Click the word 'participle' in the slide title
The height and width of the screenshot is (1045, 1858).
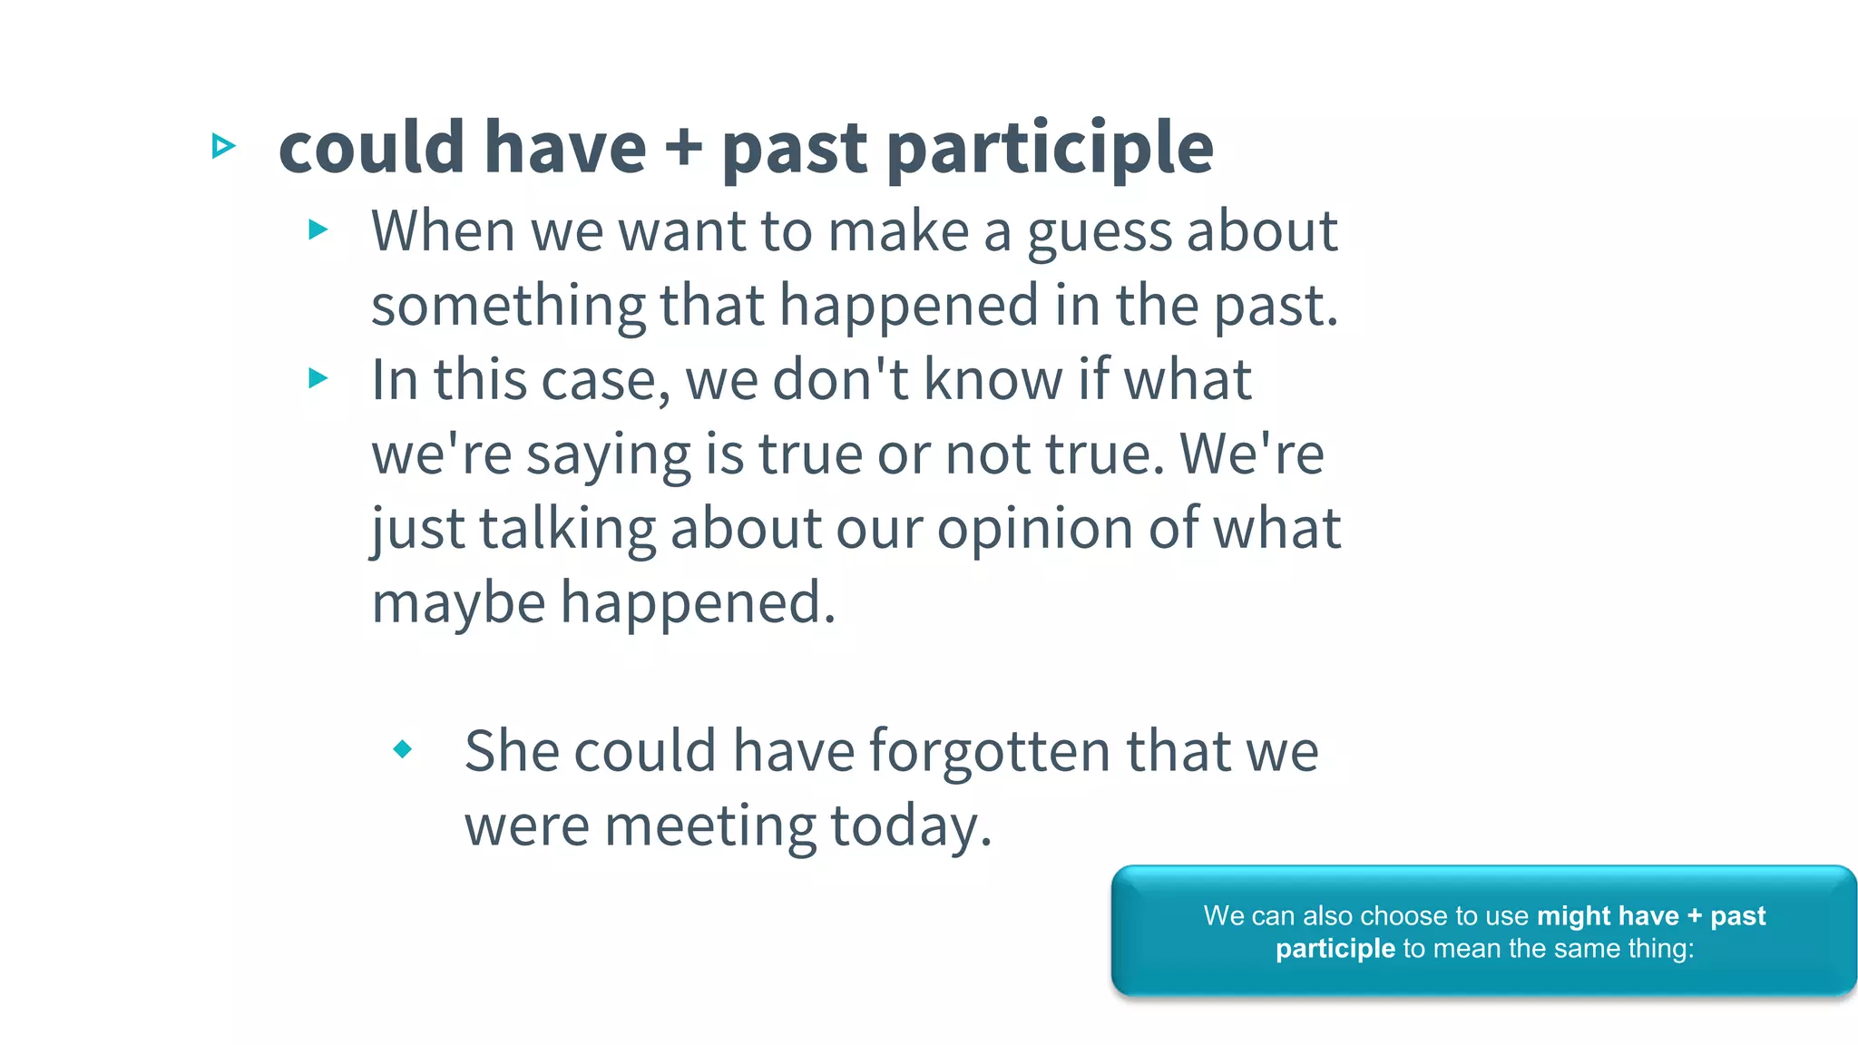point(1050,149)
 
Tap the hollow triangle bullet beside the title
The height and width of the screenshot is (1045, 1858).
point(223,145)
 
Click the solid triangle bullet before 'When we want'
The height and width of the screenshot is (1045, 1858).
point(318,230)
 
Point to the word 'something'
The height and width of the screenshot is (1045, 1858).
point(507,307)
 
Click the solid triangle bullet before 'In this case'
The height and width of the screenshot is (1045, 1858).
point(318,377)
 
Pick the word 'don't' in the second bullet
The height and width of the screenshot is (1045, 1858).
point(840,379)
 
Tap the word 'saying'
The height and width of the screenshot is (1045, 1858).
point(608,455)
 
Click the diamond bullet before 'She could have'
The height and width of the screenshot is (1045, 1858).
point(403,749)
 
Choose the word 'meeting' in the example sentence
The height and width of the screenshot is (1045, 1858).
point(710,827)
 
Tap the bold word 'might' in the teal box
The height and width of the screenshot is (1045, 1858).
point(1574,916)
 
